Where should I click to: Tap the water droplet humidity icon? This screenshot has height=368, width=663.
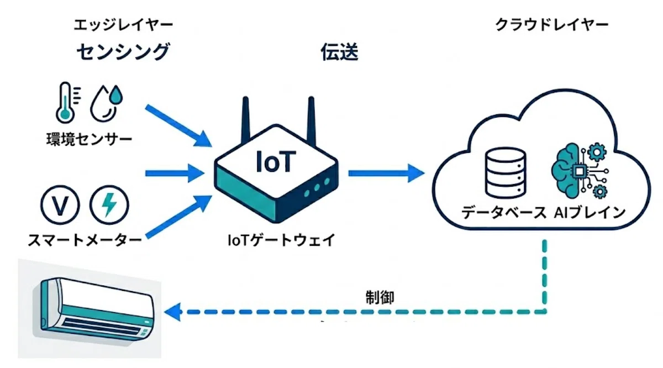[x=107, y=104]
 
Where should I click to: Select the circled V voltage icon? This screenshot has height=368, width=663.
[x=60, y=205]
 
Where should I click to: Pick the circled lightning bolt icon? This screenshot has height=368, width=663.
[x=109, y=205]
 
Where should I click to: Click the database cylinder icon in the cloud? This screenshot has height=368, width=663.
[x=506, y=173]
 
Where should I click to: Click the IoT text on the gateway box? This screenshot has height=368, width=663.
[x=276, y=161]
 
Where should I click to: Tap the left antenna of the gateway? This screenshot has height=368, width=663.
[x=246, y=120]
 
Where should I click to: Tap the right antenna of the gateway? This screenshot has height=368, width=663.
[x=311, y=121]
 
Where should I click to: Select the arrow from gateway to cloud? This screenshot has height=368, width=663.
[x=386, y=173]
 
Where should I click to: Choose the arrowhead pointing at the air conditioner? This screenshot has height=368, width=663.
[x=172, y=312]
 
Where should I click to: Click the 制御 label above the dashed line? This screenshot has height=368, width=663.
[x=380, y=297]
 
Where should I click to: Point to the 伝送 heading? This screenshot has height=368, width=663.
[x=340, y=52]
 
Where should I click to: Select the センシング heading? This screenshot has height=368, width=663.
[x=123, y=51]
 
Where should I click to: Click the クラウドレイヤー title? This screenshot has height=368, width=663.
[x=552, y=25]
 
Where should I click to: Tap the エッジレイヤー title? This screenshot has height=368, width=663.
[x=123, y=25]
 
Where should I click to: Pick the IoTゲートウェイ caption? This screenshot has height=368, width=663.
[x=281, y=240]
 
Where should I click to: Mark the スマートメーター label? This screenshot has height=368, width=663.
[x=85, y=240]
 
